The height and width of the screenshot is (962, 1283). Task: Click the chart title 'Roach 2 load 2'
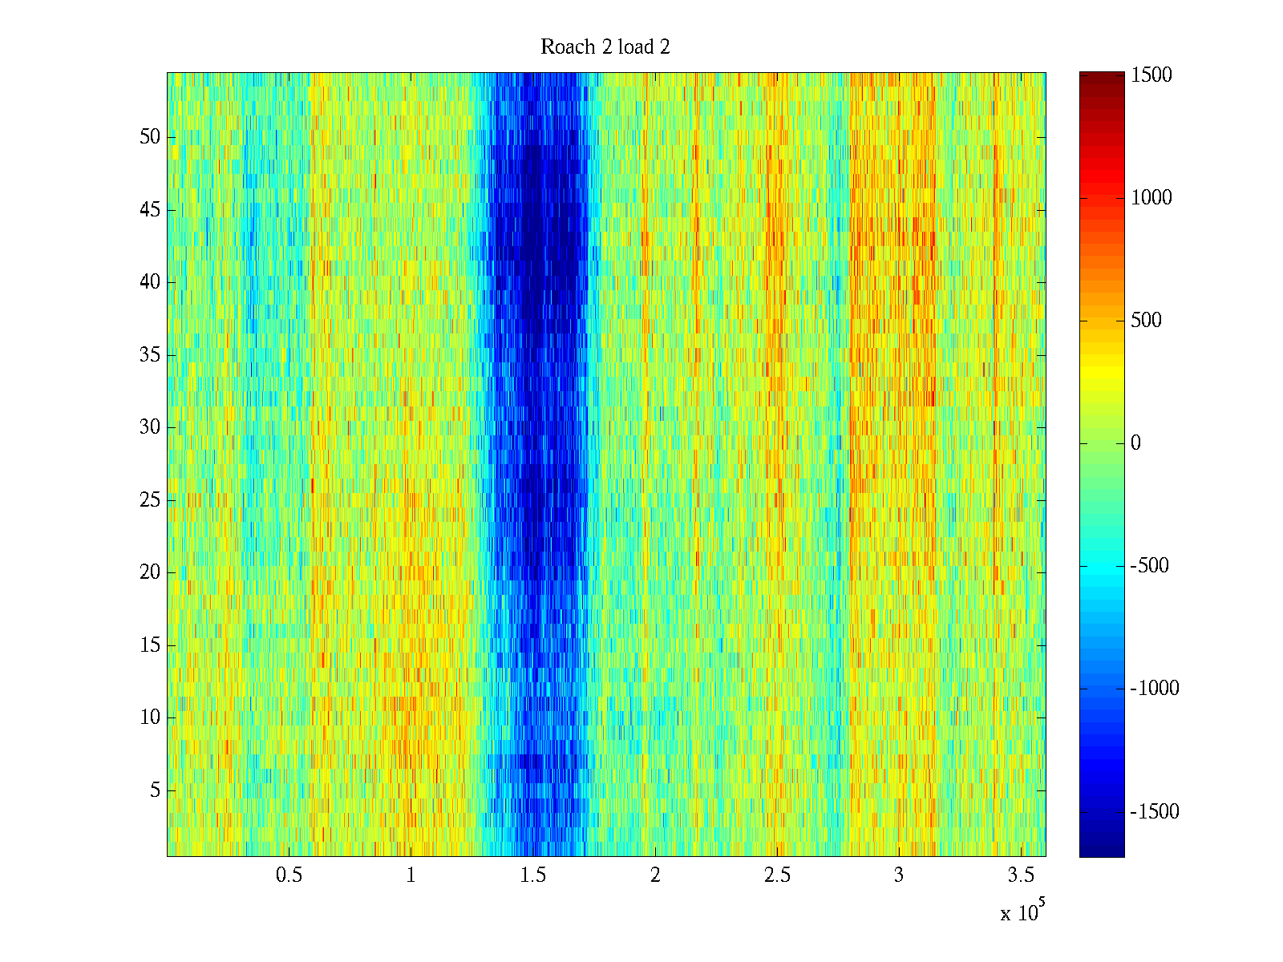pyautogui.click(x=605, y=46)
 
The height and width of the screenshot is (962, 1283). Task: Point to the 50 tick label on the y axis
pyautogui.click(x=150, y=136)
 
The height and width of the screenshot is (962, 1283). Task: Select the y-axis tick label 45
pyautogui.click(x=150, y=210)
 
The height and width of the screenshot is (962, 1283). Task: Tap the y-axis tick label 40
pyautogui.click(x=150, y=282)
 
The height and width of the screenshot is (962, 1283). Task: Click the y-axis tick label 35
pyautogui.click(x=150, y=354)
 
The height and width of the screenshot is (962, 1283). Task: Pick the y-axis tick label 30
pyautogui.click(x=150, y=427)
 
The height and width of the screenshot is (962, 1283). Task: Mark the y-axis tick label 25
pyautogui.click(x=150, y=500)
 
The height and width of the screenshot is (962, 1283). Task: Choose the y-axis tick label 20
pyautogui.click(x=150, y=572)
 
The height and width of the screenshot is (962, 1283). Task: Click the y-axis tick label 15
pyautogui.click(x=150, y=645)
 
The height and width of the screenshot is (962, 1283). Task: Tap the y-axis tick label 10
pyautogui.click(x=150, y=717)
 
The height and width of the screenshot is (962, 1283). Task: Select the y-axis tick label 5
pyautogui.click(x=155, y=790)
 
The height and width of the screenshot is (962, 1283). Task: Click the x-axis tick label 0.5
pyautogui.click(x=289, y=875)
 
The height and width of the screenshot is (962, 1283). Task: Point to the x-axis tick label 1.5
pyautogui.click(x=532, y=875)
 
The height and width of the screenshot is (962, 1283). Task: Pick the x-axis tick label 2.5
pyautogui.click(x=777, y=875)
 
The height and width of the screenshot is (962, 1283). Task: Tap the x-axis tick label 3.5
pyautogui.click(x=1021, y=875)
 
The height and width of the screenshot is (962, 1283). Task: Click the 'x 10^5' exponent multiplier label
pyautogui.click(x=1022, y=911)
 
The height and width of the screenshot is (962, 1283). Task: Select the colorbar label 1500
pyautogui.click(x=1151, y=75)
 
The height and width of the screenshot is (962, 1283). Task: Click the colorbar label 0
pyautogui.click(x=1135, y=443)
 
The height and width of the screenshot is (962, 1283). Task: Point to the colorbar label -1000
pyautogui.click(x=1155, y=688)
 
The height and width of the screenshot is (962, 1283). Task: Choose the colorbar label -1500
pyautogui.click(x=1155, y=811)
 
